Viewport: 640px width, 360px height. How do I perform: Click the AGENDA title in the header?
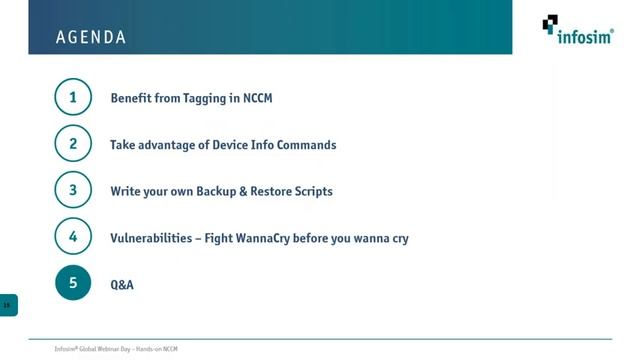point(91,38)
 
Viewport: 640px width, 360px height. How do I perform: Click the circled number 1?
point(73,98)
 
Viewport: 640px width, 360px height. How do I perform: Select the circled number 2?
point(73,145)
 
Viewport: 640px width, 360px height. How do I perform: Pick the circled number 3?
point(73,191)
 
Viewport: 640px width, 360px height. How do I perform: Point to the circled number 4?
point(73,238)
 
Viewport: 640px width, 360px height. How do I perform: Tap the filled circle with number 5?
point(73,284)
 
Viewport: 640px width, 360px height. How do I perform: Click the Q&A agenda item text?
point(122,285)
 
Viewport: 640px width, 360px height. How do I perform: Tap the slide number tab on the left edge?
point(8,304)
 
